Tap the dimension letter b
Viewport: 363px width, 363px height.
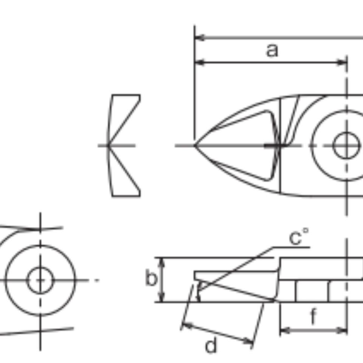[151, 278]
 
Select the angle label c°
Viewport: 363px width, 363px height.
[299, 237]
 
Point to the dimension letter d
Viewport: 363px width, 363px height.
[211, 345]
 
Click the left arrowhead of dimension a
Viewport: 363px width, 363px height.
[200, 62]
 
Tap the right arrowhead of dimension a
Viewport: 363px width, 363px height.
[342, 62]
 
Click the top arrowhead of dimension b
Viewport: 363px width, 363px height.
[162, 262]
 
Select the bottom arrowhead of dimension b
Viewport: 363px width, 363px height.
[162, 297]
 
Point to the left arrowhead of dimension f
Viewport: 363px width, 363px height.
[285, 330]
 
